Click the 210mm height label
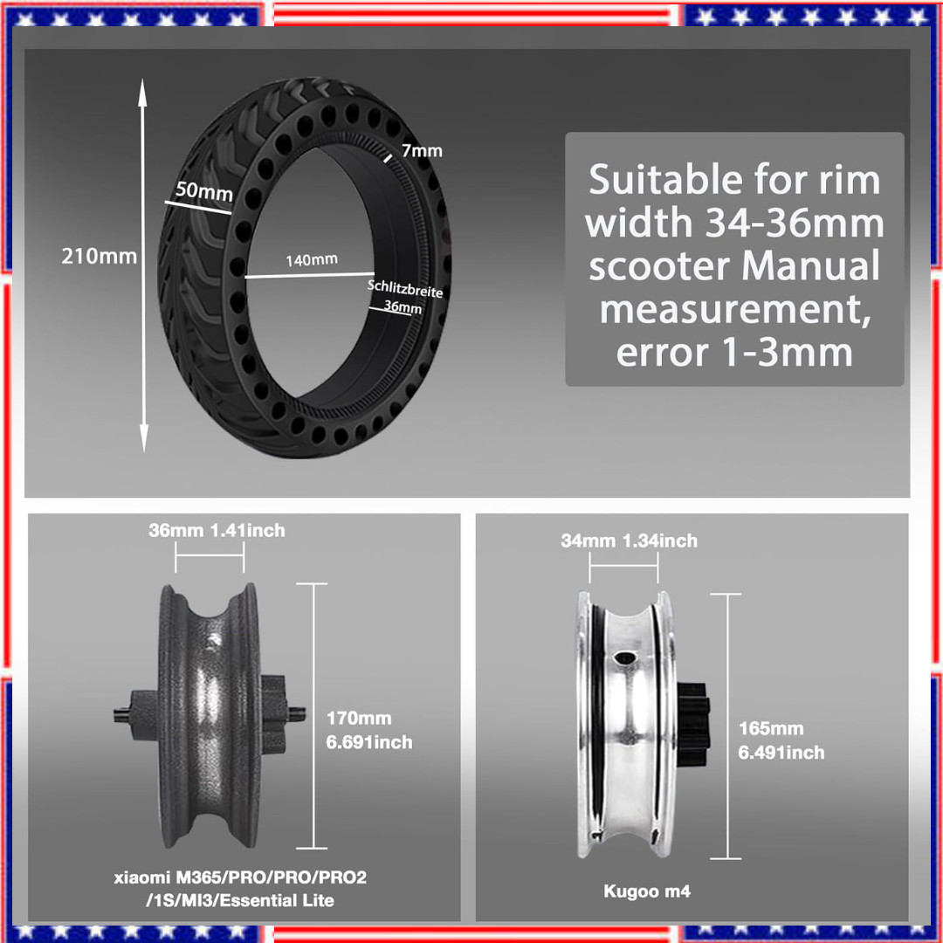tap(99, 257)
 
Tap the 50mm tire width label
tap(203, 190)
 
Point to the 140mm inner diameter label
tap(312, 259)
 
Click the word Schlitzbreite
tap(404, 289)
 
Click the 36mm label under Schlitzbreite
tap(403, 307)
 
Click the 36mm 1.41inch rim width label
tap(216, 530)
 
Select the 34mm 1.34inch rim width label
tap(629, 540)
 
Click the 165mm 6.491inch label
tap(781, 740)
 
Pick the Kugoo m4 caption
tap(646, 891)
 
